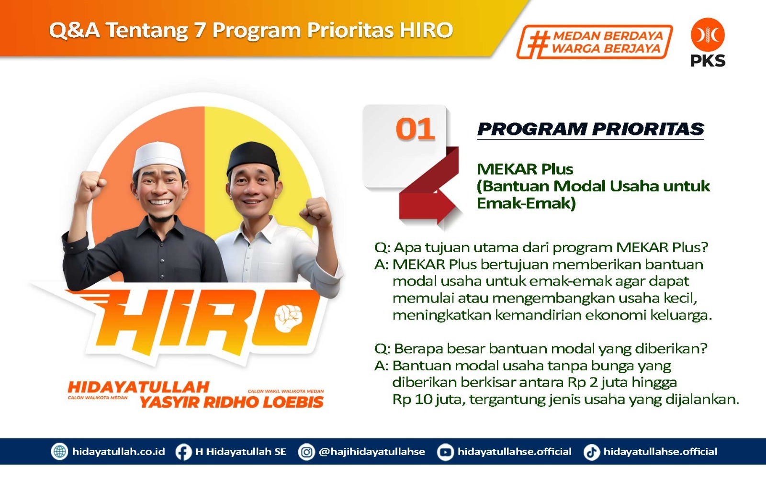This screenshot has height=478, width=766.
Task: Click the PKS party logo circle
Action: point(708,35)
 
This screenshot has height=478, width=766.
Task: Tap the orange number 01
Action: point(415,129)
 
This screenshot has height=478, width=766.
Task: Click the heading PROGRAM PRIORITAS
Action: point(590,129)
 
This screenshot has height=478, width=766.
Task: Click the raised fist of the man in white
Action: point(316,212)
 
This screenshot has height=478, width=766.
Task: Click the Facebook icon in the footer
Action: point(183,452)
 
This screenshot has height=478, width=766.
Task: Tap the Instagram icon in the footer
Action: point(306,452)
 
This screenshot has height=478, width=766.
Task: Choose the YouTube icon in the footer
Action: point(445,452)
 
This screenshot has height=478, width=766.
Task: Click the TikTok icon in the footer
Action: point(592,452)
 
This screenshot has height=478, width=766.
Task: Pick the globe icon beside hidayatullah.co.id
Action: point(59,452)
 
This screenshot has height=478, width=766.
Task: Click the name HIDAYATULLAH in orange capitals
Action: point(138,387)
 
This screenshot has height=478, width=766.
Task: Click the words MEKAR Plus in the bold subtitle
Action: point(525,169)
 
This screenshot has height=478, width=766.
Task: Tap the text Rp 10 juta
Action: point(428,400)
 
